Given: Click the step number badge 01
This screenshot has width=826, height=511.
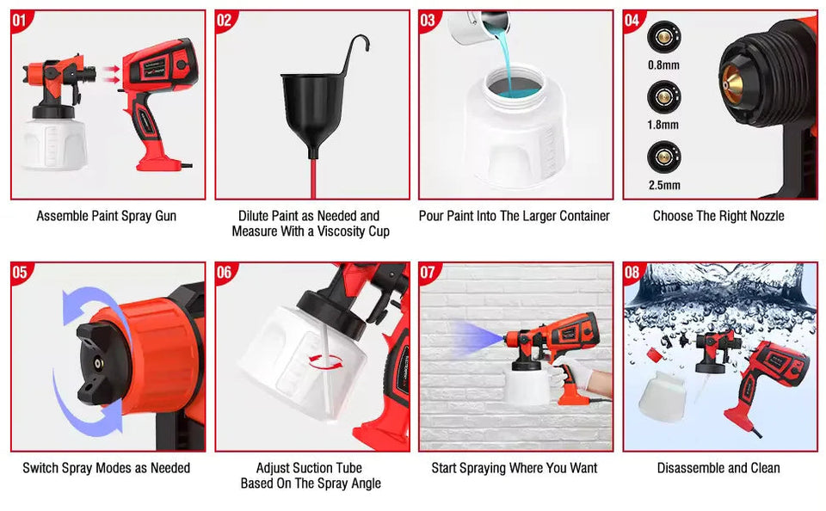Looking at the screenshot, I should (x=21, y=21).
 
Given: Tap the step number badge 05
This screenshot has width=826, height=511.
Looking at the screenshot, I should (x=21, y=273).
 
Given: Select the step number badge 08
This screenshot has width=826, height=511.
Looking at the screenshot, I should (x=632, y=273).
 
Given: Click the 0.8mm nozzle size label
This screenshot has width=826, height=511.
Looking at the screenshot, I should (x=663, y=65).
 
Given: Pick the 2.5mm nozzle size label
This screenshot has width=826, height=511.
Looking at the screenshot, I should (x=663, y=185).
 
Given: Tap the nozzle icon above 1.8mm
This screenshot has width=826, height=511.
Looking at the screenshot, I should (x=663, y=95).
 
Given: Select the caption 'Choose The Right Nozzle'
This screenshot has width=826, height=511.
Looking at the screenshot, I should (x=718, y=216).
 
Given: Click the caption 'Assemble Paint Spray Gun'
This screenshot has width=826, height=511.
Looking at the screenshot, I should (x=107, y=216).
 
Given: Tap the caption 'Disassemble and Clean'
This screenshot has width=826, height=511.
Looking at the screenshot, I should (x=718, y=468).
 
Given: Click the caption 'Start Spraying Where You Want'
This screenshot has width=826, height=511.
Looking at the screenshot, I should (x=515, y=468).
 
